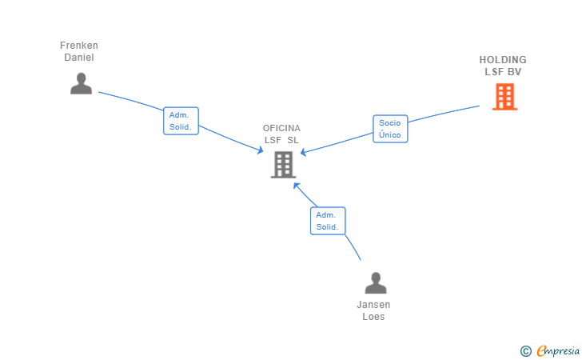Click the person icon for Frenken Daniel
tap(81, 83)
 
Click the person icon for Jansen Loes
tap(375, 283)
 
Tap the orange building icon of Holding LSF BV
tap(504, 96)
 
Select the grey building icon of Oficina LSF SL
tap(283, 164)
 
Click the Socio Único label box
tap(390, 129)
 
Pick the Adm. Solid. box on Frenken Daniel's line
tap(181, 121)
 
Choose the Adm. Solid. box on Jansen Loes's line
tap(328, 221)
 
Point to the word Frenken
tap(79, 46)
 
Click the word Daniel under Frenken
tap(79, 58)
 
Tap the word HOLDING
tap(503, 60)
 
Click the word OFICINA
tap(281, 128)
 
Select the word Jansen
tap(373, 305)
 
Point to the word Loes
tap(373, 317)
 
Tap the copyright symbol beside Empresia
tap(525, 350)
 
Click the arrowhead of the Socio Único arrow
tap(302, 153)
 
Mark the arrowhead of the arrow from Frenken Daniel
tap(261, 151)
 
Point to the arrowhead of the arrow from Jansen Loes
tap(294, 184)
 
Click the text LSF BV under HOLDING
tap(503, 72)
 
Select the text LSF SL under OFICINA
tap(281, 140)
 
